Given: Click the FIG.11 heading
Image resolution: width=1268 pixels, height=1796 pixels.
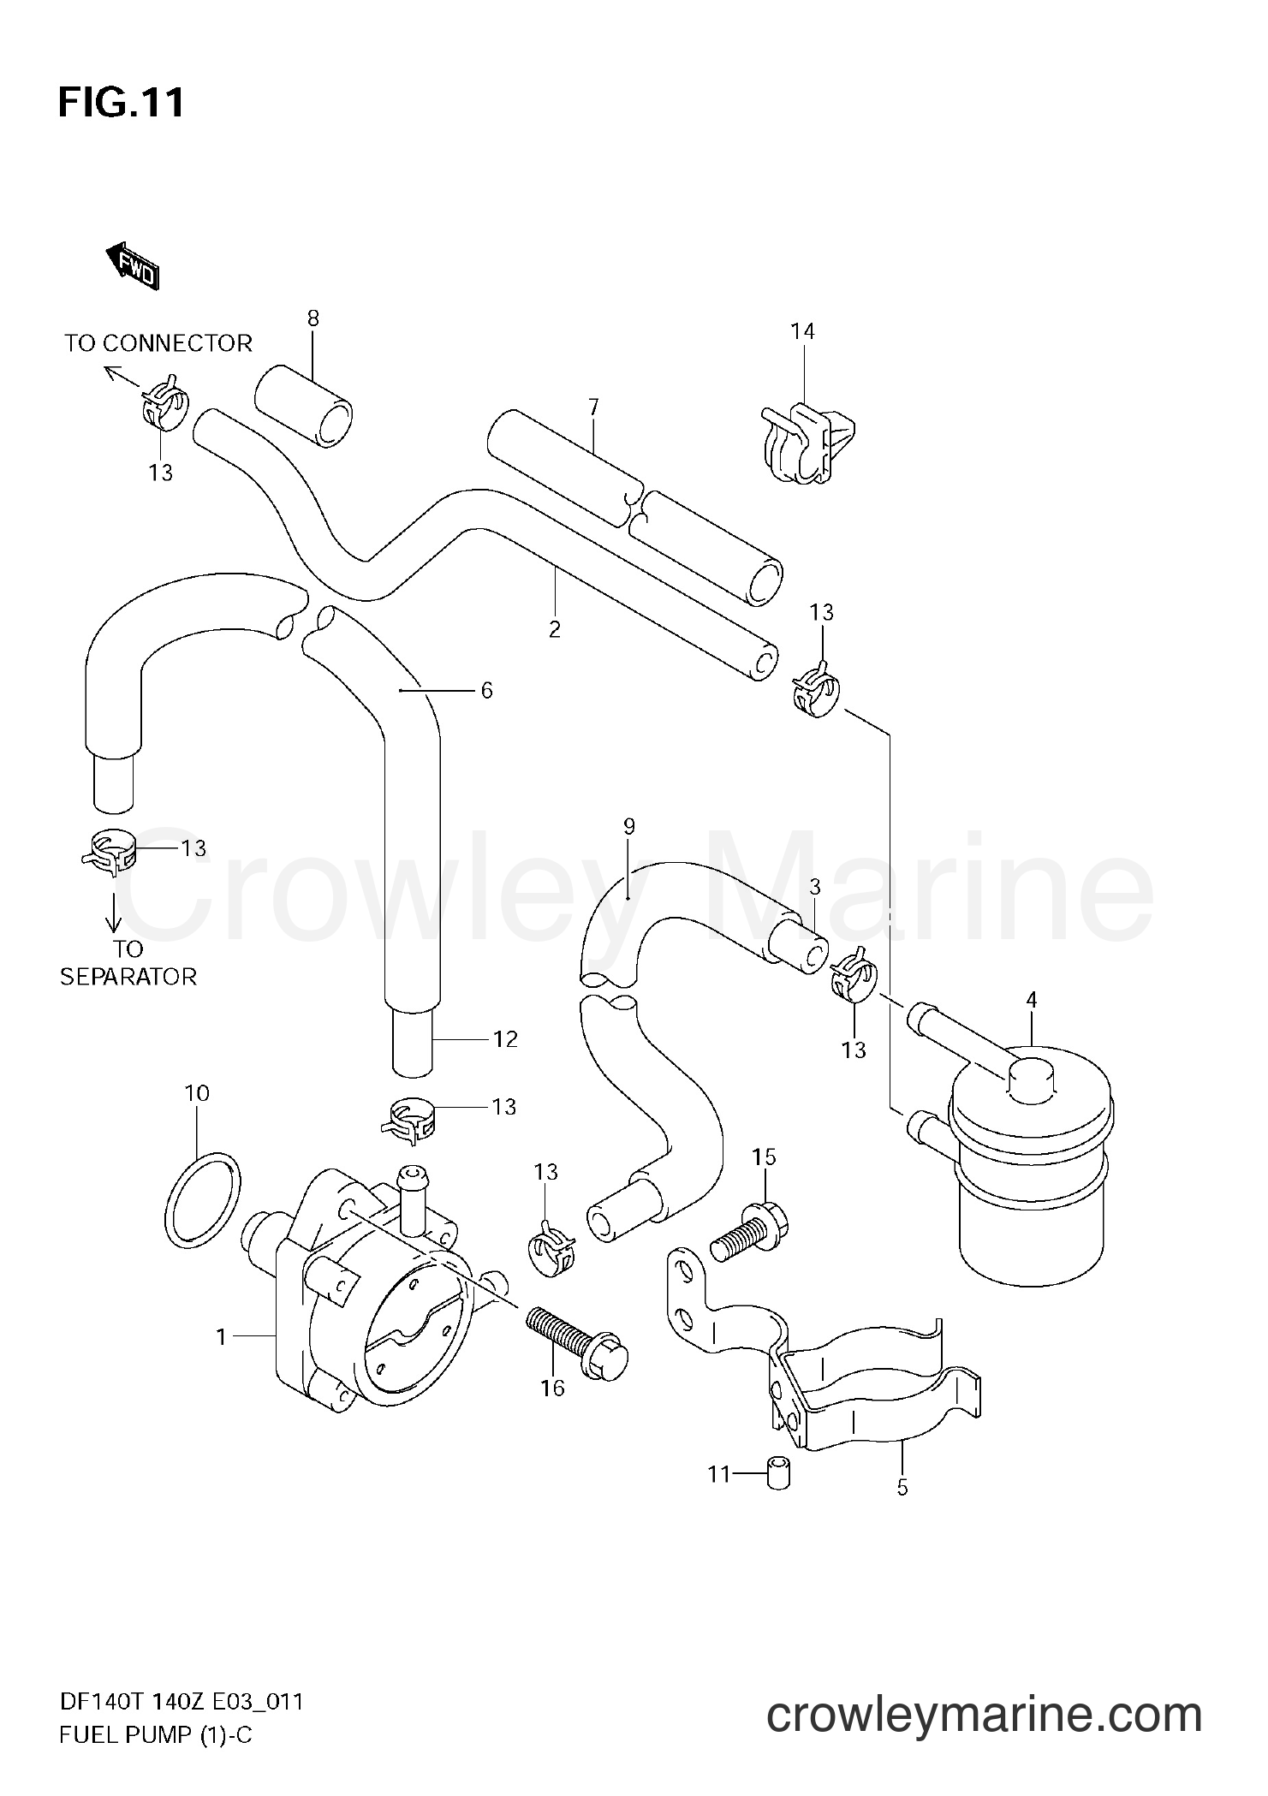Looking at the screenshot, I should [121, 104].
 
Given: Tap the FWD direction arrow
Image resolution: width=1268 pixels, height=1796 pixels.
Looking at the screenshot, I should [133, 265].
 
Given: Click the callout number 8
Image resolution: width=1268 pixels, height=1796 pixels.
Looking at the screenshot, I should [313, 319].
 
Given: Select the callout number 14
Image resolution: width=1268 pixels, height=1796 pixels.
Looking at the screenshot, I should [802, 331].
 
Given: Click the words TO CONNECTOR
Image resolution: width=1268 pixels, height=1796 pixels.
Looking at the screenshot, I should [158, 343].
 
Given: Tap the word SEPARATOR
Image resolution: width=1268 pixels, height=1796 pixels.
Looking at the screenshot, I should [128, 977].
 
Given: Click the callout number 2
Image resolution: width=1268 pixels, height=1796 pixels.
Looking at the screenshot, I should [555, 630].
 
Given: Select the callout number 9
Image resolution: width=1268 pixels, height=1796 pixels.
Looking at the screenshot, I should [629, 827].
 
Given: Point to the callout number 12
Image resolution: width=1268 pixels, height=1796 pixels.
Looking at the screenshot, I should [505, 1039].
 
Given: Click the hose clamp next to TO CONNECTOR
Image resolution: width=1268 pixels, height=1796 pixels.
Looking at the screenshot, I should [164, 402].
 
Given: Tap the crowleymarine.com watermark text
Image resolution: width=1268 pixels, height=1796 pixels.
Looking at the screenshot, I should [984, 1710].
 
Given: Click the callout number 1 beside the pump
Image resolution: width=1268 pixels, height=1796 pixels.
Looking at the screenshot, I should [221, 1336].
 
